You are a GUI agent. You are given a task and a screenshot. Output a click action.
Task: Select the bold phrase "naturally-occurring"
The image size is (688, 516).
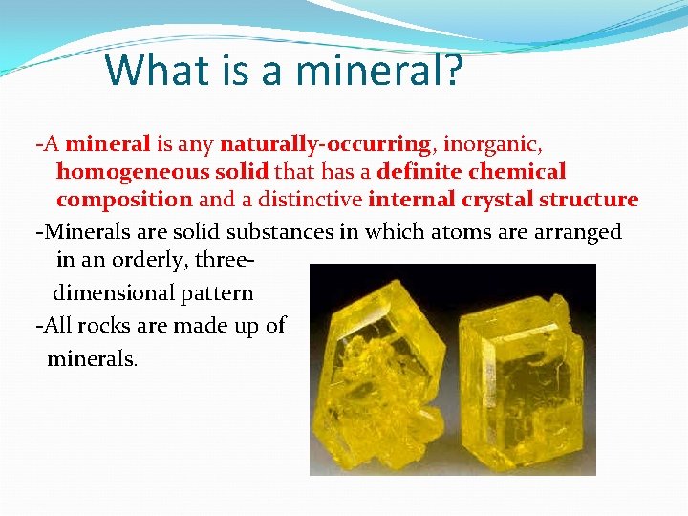click(325, 144)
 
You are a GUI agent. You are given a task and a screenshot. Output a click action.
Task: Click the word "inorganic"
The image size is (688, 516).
click(493, 144)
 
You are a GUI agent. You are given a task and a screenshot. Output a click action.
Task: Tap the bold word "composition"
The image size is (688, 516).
click(124, 200)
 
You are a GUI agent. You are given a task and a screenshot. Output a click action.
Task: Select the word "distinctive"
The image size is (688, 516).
click(311, 200)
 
